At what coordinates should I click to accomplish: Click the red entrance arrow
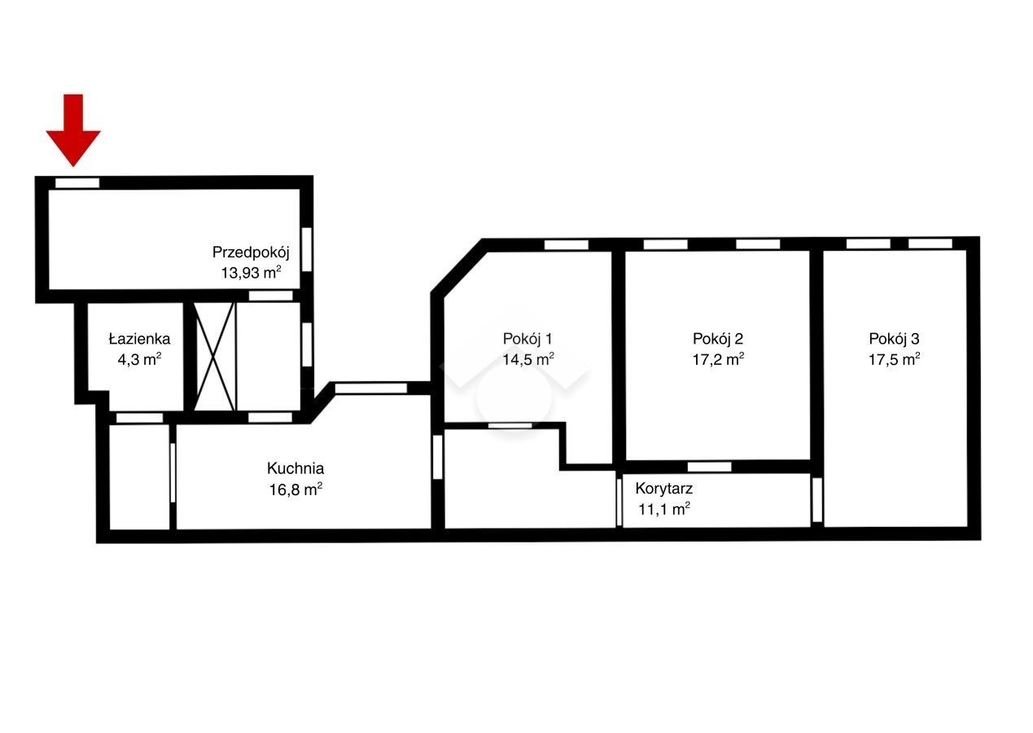tap(73, 129)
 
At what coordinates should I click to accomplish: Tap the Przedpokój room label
tap(251, 252)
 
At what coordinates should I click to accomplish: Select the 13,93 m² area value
tap(251, 273)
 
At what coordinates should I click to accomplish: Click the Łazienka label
tap(139, 339)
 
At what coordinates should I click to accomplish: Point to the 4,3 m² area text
tap(139, 359)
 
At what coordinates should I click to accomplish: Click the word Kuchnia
tap(295, 468)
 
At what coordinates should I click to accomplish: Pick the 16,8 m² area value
tap(295, 489)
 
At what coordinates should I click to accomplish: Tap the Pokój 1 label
tap(527, 339)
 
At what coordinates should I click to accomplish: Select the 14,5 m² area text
tap(528, 359)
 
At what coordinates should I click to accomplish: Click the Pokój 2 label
tap(718, 339)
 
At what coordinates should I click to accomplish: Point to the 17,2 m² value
tap(718, 359)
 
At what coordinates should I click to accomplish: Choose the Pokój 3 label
tap(894, 339)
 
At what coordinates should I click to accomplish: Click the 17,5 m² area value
tap(894, 359)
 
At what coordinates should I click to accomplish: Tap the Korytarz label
tap(663, 489)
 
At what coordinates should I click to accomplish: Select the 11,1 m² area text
tap(664, 509)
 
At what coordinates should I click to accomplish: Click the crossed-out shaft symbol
tap(214, 356)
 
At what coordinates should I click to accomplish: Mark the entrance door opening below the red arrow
tap(77, 183)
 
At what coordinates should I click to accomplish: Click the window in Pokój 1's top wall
tap(567, 244)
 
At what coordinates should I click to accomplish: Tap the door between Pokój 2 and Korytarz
tap(709, 467)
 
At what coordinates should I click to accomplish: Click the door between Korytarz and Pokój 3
tap(816, 499)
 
